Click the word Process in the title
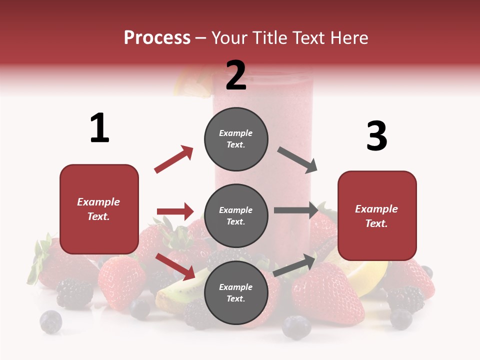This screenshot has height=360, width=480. point(157,38)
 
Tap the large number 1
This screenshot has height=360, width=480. point(99,128)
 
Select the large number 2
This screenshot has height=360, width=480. point(236,75)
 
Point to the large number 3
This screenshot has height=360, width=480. point(376,136)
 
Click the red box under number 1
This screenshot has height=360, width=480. point(99,209)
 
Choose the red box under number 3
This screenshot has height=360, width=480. point(377,216)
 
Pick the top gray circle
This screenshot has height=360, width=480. point(236,139)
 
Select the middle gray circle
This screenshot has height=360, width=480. point(236,216)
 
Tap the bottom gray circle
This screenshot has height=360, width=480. point(236,293)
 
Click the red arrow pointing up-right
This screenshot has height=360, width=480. point(174,159)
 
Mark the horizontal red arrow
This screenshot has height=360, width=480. point(175,211)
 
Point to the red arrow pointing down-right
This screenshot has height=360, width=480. point(175,266)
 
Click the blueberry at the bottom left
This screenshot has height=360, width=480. point(50,321)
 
